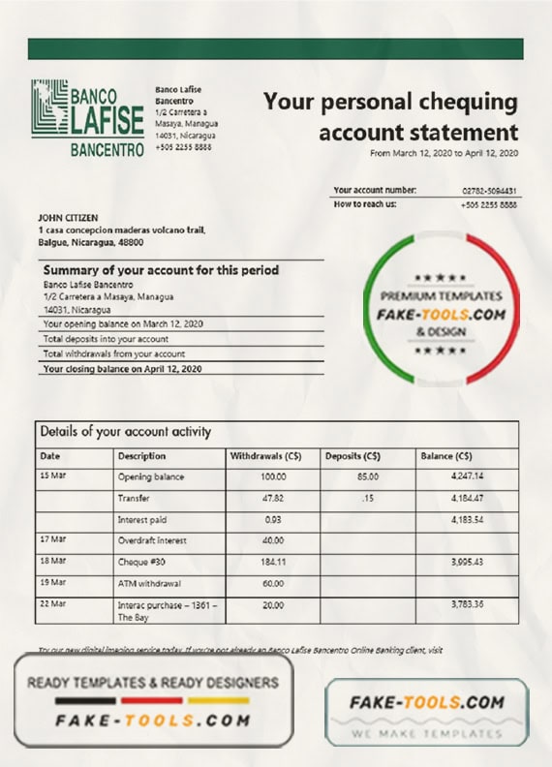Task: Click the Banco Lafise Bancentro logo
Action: click(88, 119)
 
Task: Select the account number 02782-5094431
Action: click(489, 191)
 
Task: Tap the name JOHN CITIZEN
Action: click(68, 218)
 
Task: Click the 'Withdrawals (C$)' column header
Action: click(262, 455)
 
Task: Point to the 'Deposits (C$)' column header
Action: click(353, 455)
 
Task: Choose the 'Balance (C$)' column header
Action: click(446, 455)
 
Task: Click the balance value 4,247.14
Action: click(467, 476)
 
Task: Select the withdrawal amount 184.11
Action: click(273, 562)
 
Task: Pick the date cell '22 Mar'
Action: click(52, 604)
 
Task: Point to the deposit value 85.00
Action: click(367, 476)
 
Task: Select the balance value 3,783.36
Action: click(467, 604)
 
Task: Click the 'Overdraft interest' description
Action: click(152, 540)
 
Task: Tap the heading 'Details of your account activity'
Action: click(125, 432)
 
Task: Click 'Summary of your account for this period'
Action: click(161, 270)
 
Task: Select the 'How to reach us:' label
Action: click(365, 204)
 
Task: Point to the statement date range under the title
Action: click(444, 154)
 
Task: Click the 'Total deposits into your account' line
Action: click(107, 339)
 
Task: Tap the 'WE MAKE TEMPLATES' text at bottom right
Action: click(426, 733)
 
